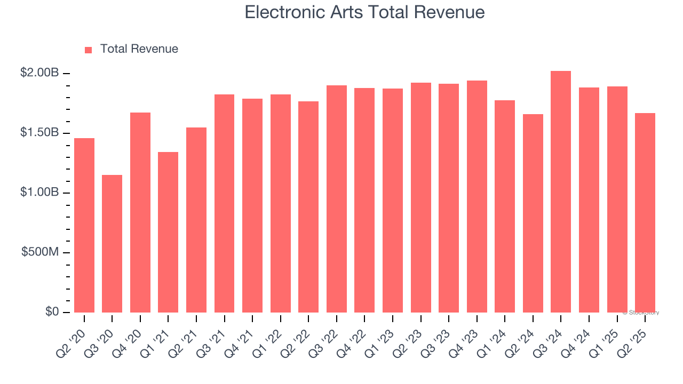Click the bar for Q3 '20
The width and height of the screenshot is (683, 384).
112,244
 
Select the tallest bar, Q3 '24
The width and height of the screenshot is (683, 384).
561,192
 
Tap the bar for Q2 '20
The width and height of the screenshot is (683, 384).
84,225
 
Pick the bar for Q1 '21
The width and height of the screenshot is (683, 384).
168,232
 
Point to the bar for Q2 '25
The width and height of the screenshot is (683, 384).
645,213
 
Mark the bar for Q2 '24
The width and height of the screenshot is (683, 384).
533,213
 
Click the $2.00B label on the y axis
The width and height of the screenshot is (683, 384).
39,73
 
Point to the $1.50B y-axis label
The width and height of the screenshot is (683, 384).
39,133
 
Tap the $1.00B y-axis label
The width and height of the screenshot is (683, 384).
39,193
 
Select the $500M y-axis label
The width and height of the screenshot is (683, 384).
40,252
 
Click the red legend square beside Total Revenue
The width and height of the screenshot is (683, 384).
89,50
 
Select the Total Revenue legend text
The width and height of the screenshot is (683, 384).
139,49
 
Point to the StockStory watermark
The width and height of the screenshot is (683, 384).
641,313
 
